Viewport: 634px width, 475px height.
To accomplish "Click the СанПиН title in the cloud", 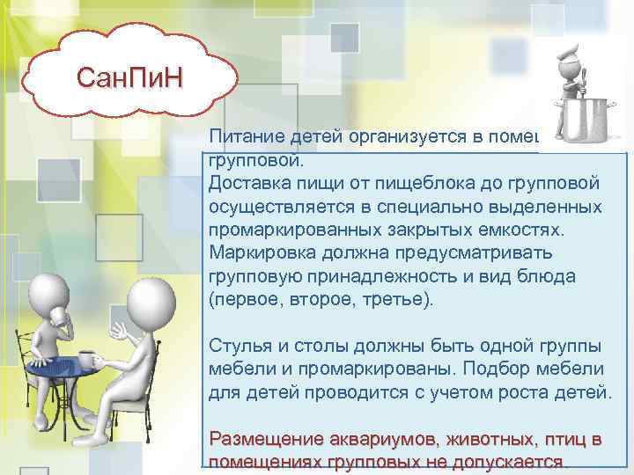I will [x=129, y=80].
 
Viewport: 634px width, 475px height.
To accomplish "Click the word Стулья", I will [x=237, y=344].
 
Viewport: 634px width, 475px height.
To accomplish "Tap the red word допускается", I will [x=511, y=462].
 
